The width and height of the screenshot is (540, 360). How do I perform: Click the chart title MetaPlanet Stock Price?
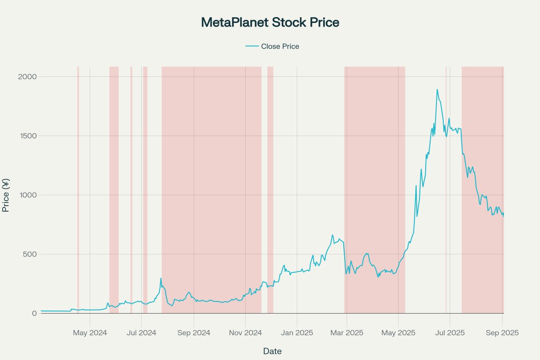click(x=270, y=22)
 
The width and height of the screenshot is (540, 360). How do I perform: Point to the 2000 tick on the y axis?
click(x=28, y=76)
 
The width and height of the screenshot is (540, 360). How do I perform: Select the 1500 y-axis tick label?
click(x=28, y=136)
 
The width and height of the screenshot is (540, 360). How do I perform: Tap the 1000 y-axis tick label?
click(x=28, y=195)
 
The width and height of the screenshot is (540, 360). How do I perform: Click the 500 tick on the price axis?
click(x=30, y=254)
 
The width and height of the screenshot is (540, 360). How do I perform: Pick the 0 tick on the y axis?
click(x=34, y=313)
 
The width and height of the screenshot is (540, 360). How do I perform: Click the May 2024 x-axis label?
click(x=90, y=333)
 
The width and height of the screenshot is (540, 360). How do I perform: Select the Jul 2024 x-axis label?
click(x=141, y=333)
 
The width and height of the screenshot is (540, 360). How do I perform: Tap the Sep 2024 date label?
click(x=193, y=333)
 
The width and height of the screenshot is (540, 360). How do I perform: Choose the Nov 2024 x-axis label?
click(x=245, y=333)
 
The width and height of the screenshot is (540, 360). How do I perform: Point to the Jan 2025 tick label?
click(x=297, y=333)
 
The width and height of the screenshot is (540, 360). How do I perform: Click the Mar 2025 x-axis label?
click(x=347, y=333)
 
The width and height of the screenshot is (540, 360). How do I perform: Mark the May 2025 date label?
click(x=398, y=333)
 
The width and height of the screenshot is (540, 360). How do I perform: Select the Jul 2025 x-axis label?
click(x=450, y=333)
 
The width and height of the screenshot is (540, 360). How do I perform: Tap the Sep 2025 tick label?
click(x=502, y=333)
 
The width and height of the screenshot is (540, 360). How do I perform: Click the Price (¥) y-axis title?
click(x=6, y=195)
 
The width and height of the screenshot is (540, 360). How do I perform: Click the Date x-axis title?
click(x=272, y=351)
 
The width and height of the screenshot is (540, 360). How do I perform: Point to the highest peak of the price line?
click(x=437, y=90)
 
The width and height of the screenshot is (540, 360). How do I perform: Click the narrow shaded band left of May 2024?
click(x=78, y=189)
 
